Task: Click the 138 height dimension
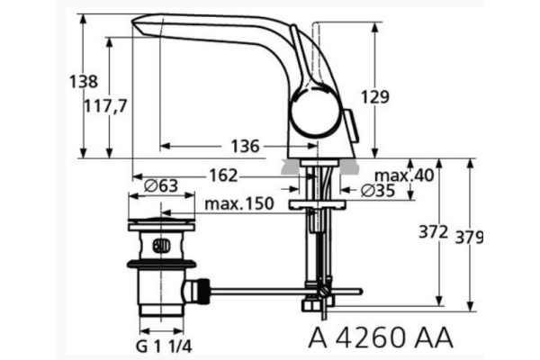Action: pos(84,81)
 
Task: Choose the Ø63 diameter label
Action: pos(162,186)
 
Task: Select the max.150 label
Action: pos(238,204)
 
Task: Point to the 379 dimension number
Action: pos(469,238)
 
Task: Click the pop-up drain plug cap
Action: pos(161,221)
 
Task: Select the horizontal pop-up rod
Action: pos(270,291)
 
